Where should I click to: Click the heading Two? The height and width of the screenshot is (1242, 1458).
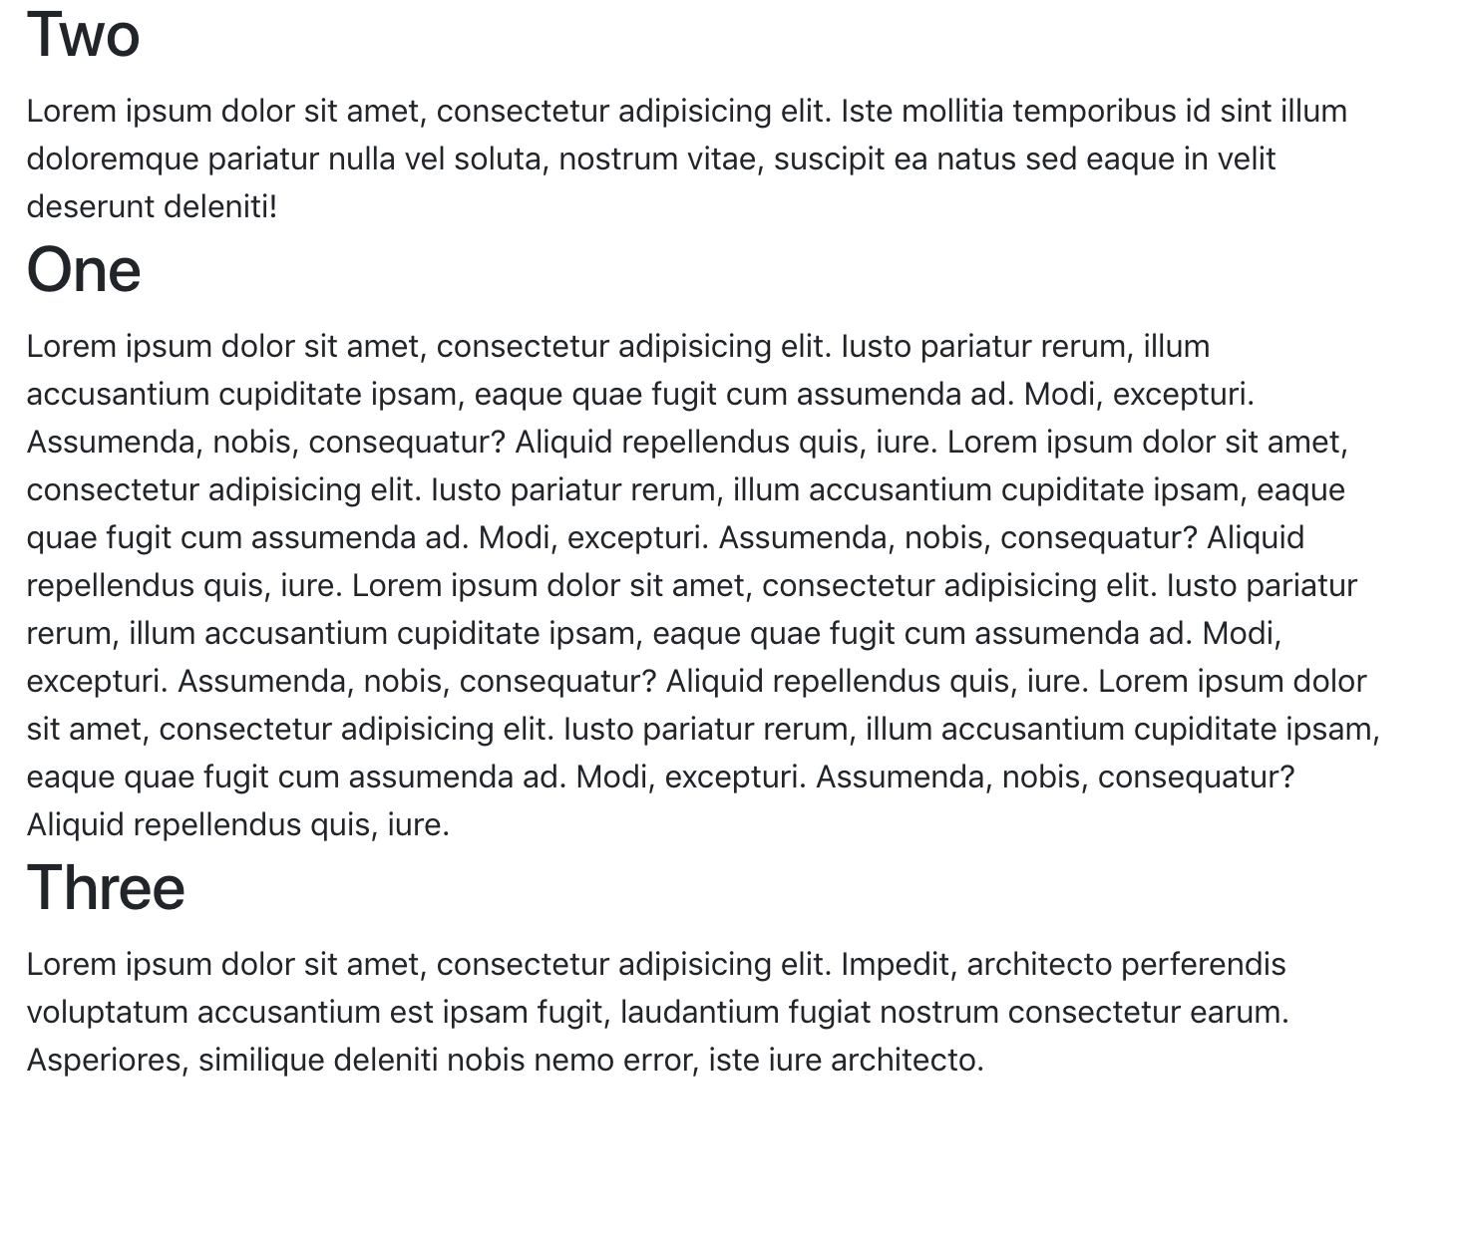pyautogui.click(x=83, y=36)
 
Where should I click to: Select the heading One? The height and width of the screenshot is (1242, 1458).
pyautogui.click(x=84, y=271)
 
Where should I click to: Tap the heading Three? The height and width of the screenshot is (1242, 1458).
pyautogui.click(x=106, y=889)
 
